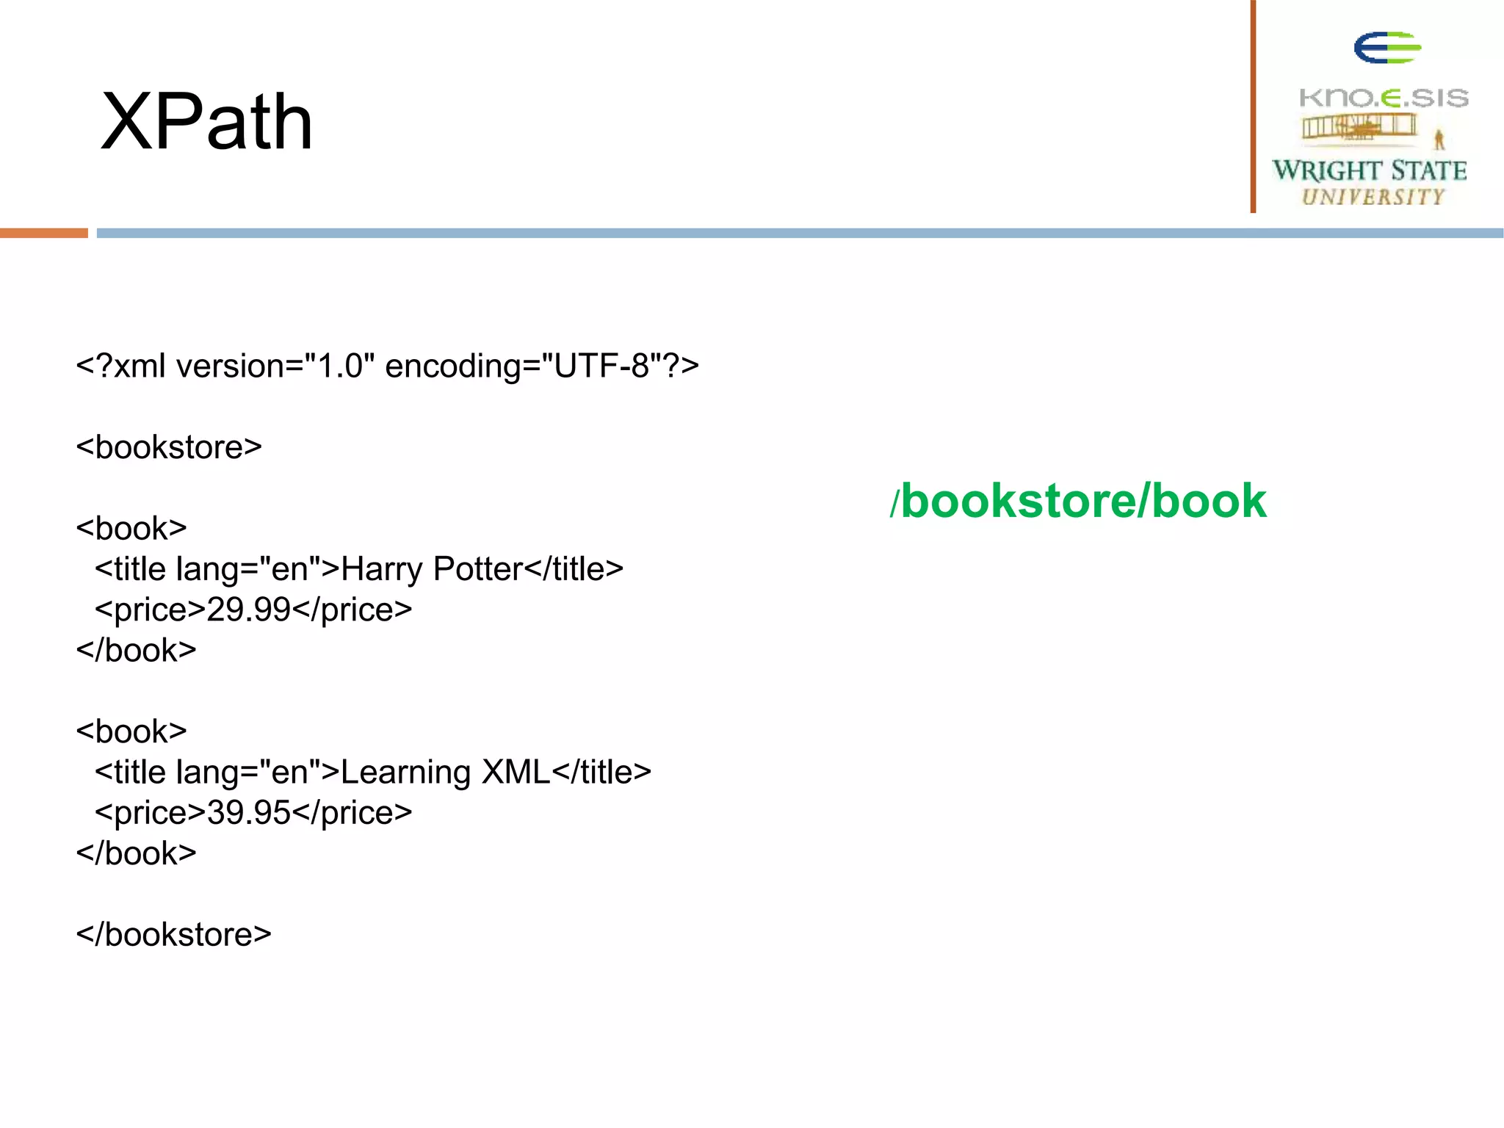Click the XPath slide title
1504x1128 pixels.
tap(207, 122)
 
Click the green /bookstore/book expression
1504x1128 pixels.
tap(1078, 502)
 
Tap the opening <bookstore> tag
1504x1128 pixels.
tap(169, 447)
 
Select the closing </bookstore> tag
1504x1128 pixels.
tap(173, 935)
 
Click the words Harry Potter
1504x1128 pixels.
tap(432, 569)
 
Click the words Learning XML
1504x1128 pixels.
tap(445, 773)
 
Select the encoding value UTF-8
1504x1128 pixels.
tap(601, 366)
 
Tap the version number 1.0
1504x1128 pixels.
tap(340, 366)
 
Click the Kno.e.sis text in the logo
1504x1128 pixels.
tap(1384, 98)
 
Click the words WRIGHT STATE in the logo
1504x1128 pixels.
tap(1370, 170)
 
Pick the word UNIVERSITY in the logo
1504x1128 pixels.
tap(1373, 197)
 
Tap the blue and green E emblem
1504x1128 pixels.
tap(1387, 48)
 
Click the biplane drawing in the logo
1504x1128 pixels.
tap(1359, 128)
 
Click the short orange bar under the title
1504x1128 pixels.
tap(44, 233)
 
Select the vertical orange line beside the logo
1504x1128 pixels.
tap(1254, 106)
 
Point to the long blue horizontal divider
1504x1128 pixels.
tap(799, 233)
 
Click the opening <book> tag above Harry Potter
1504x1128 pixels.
tap(131, 529)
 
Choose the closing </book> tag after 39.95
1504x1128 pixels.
tap(137, 853)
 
